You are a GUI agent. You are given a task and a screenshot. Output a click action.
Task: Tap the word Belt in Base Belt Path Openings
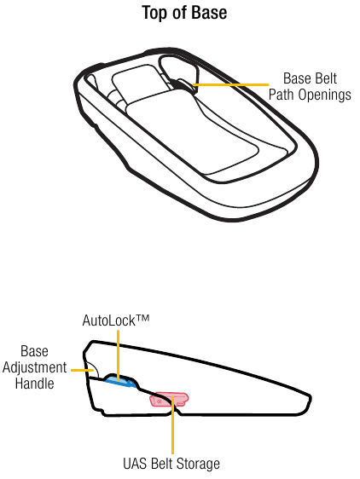click(x=326, y=78)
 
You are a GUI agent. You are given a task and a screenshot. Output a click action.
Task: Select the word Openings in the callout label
click(x=324, y=95)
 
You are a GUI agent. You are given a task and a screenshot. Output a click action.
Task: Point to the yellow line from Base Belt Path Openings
click(x=231, y=84)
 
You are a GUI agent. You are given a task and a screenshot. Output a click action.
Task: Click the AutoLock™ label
click(x=116, y=320)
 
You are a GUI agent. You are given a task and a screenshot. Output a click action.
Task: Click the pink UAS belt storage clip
click(x=169, y=400)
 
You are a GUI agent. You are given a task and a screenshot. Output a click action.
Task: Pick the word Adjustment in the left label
click(x=34, y=368)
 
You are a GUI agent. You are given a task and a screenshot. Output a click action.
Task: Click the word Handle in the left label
click(x=35, y=383)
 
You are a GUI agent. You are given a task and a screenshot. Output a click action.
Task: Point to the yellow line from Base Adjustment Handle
click(x=82, y=370)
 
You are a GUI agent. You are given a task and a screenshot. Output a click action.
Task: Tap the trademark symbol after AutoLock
click(x=142, y=318)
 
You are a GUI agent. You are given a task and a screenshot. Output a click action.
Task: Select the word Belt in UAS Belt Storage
click(x=162, y=464)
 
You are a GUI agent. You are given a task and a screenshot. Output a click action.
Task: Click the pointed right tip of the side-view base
click(x=311, y=398)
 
